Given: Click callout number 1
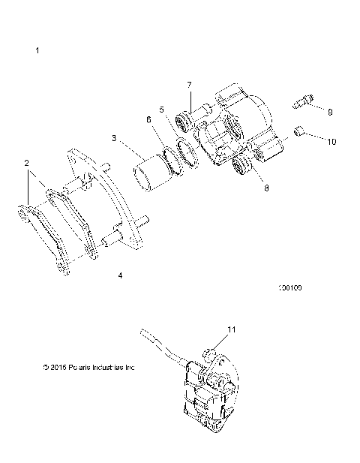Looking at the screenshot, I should (37, 50).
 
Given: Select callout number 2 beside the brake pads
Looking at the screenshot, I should (26, 162).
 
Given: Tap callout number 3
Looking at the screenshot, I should (113, 138).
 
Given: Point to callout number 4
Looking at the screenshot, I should (120, 275).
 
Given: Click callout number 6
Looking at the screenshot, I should (148, 119).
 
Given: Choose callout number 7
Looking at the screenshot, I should (190, 84).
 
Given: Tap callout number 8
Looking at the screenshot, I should (244, 189).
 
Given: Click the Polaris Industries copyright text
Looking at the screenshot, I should (90, 368).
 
